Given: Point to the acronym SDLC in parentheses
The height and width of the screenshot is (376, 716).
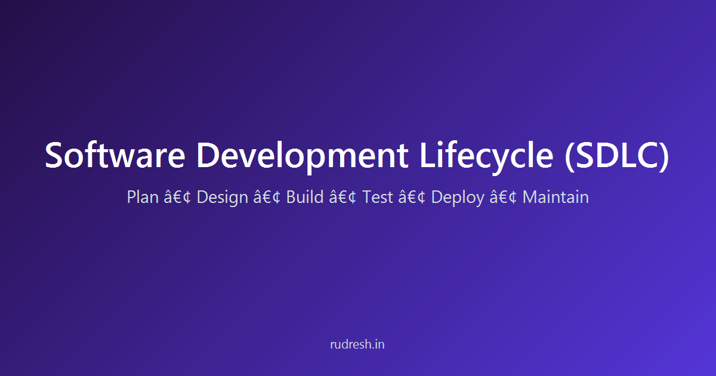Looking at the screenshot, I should [x=617, y=155].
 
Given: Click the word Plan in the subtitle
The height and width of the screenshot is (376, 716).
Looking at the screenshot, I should [x=142, y=197].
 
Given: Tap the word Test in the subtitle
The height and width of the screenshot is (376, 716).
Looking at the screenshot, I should [x=378, y=197].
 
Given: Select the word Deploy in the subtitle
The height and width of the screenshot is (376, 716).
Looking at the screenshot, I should [x=457, y=198].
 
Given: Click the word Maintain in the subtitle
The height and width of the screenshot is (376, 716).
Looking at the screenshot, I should [x=555, y=197].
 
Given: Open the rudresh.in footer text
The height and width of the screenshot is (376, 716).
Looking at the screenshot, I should [x=358, y=344].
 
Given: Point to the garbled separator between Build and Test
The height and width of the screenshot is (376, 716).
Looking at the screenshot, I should [x=342, y=198].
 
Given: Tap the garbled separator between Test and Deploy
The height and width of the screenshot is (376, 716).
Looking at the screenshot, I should [x=412, y=198].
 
